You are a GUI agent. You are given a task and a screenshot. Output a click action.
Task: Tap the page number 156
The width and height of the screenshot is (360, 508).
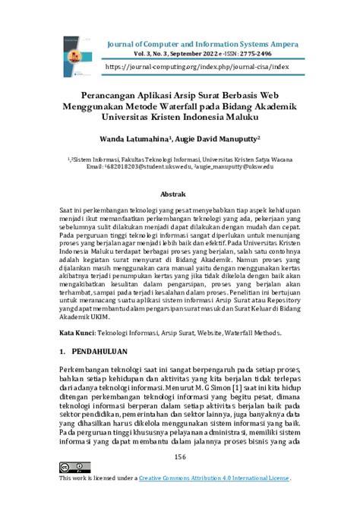click(x=180, y=456)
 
